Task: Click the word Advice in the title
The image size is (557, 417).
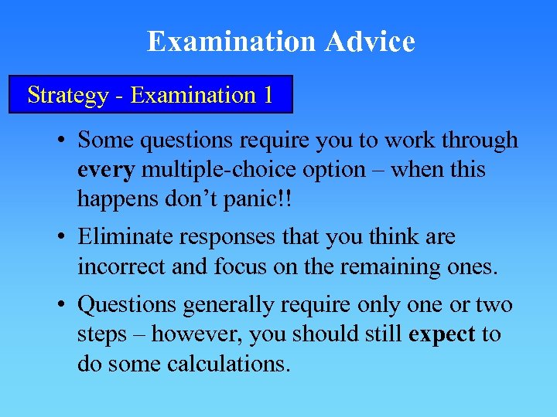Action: (370, 41)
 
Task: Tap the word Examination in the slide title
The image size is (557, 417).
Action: (232, 41)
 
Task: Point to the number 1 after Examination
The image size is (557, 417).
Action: (268, 95)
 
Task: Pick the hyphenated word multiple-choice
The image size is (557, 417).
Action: (220, 169)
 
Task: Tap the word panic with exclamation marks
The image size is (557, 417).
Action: (256, 198)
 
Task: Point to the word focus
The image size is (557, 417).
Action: (254, 266)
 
